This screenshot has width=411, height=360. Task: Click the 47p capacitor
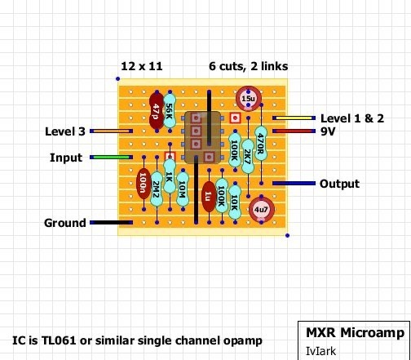point(157,111)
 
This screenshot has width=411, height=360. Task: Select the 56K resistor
point(170,111)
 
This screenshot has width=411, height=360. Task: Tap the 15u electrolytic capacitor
point(249,99)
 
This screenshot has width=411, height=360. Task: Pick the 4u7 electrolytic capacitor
point(262,209)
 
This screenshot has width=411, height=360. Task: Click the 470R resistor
point(261,144)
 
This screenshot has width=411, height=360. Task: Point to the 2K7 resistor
point(248,157)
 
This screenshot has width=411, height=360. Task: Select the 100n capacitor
point(144,183)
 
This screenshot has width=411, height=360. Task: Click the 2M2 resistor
point(157,189)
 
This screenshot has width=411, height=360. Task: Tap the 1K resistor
point(170,176)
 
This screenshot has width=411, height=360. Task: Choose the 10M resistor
point(183,189)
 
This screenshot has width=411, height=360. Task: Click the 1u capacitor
point(209,196)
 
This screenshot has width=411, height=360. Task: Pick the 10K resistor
point(235,202)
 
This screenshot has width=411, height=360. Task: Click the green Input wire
point(111,157)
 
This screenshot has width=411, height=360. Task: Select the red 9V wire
point(294,131)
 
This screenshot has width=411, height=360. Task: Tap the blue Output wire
point(294,184)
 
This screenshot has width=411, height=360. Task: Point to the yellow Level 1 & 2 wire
point(294,118)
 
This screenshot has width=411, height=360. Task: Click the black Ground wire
point(111,223)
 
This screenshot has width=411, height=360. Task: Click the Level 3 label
point(65,131)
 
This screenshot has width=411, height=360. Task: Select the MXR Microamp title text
point(356,333)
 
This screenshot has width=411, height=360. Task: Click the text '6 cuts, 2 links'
point(249,66)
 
